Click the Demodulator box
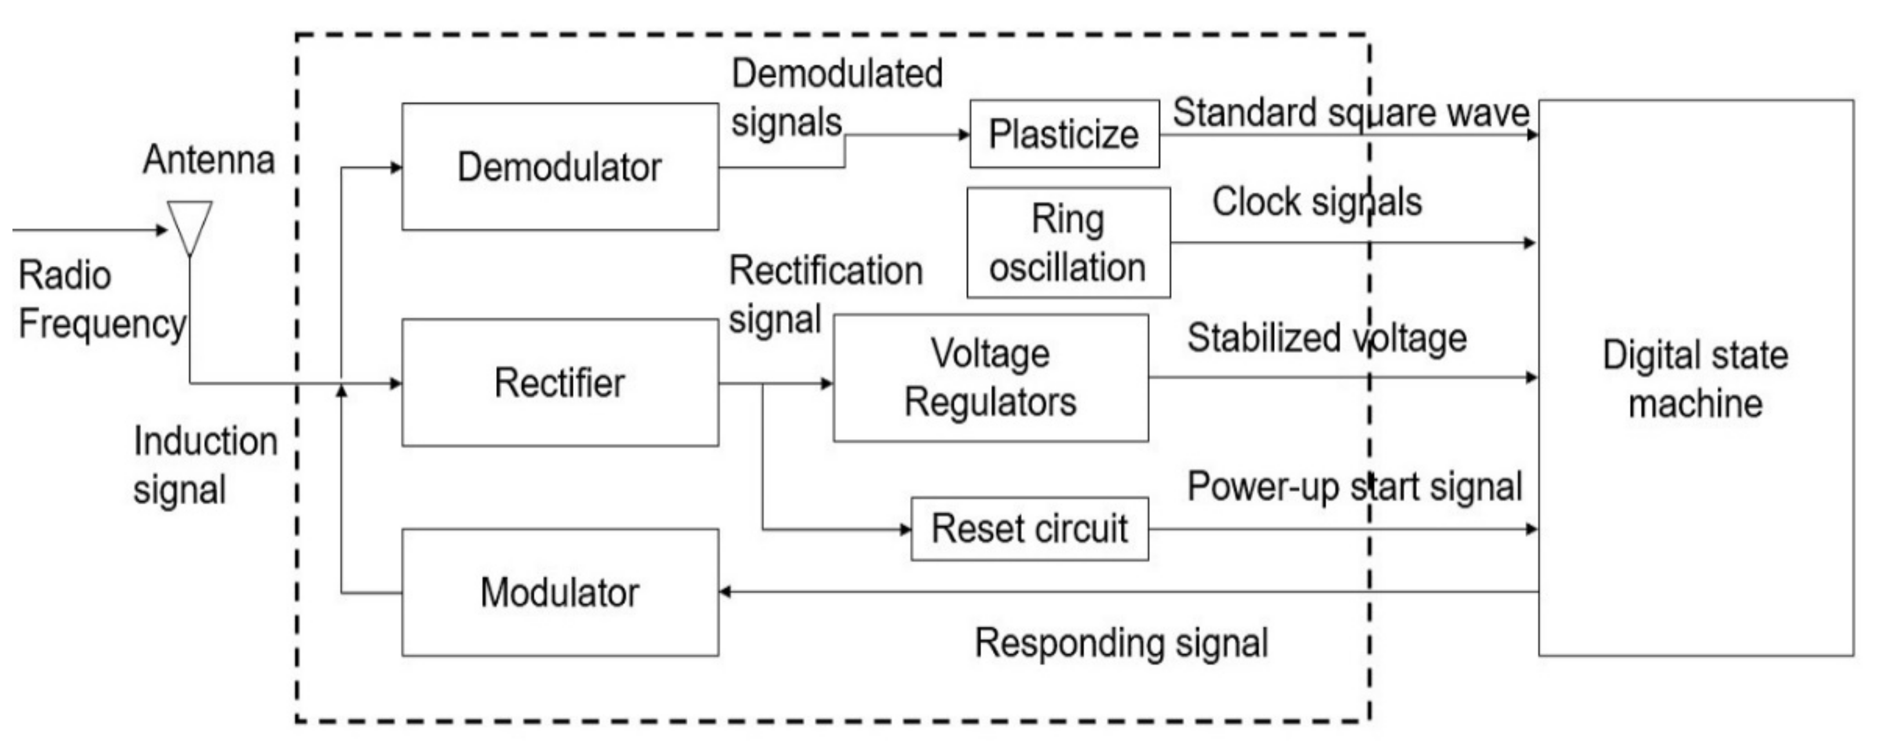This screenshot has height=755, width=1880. tap(560, 166)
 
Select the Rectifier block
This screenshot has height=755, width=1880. tap(560, 382)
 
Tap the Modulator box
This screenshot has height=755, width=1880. tap(560, 592)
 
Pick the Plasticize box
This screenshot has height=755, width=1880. tap(1064, 134)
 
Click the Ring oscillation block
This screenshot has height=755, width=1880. tap(1067, 243)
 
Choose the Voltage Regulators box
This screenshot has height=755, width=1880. tap(990, 378)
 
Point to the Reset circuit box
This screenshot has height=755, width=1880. tap(1029, 529)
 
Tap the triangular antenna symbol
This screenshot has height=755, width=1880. tap(190, 225)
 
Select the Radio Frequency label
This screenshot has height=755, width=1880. tap(101, 299)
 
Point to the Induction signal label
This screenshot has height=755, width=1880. tap(205, 465)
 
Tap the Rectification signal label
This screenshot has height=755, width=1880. tap(825, 295)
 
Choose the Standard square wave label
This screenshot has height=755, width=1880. tap(1350, 113)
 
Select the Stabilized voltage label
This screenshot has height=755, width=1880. tap(1326, 338)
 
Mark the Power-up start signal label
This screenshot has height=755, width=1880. tap(1354, 487)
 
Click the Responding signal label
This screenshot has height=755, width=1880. tap(1121, 643)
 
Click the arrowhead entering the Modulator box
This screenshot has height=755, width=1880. tap(726, 592)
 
